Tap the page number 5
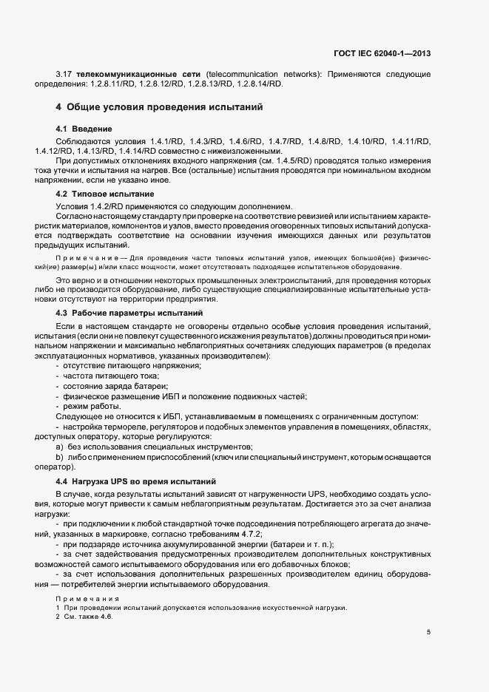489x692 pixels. click(x=429, y=632)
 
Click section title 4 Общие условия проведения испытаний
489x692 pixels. click(x=160, y=107)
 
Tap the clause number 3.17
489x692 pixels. click(x=64, y=75)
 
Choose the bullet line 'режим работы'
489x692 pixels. click(x=92, y=407)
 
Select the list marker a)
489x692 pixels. click(x=59, y=447)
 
